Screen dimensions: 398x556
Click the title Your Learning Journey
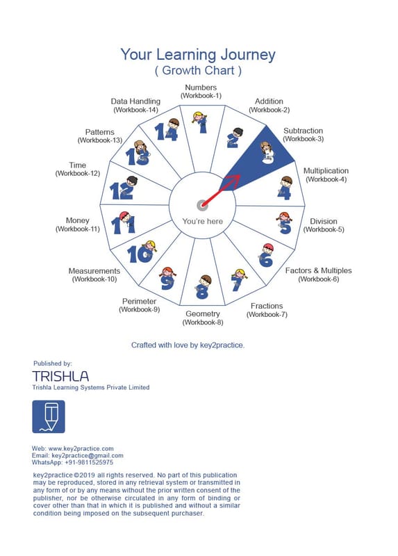click(198, 55)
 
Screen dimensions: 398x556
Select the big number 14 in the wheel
click(165, 132)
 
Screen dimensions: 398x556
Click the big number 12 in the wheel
click(122, 190)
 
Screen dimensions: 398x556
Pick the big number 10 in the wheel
click(140, 254)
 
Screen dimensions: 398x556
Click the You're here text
click(202, 221)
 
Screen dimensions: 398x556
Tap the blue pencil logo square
click(49, 416)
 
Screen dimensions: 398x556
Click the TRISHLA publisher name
click(60, 376)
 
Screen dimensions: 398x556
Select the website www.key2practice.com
click(81, 448)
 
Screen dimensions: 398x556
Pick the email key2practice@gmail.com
click(88, 456)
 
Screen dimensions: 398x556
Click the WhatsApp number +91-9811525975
click(89, 462)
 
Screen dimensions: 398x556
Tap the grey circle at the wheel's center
click(201, 205)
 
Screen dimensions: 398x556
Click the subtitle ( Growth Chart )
click(198, 71)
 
